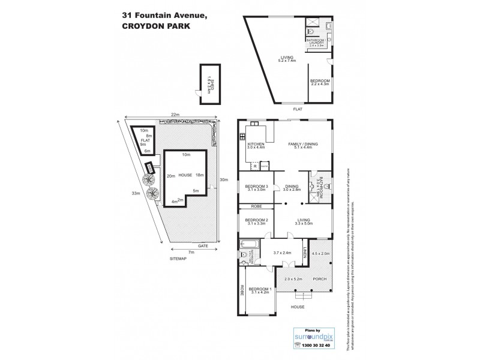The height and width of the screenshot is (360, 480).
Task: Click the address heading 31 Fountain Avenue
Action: (161, 16)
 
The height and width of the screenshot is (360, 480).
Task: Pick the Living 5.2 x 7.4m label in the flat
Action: (287, 59)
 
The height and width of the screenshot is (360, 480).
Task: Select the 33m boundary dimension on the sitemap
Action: (136, 193)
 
